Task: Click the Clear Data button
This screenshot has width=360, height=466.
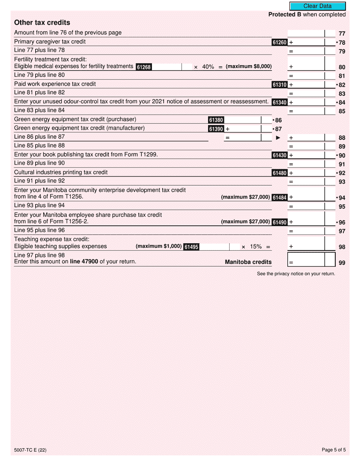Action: pos(318,6)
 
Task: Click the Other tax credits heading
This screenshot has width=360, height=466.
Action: pos(42,22)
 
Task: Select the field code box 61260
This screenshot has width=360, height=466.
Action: pos(280,42)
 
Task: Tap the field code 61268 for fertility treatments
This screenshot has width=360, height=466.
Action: pos(144,67)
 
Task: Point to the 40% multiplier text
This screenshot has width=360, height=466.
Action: pos(208,67)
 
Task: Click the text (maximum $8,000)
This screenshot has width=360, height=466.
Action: pos(249,66)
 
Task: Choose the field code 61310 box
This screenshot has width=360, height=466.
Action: pos(280,85)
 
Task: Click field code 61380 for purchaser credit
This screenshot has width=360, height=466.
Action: pos(216,120)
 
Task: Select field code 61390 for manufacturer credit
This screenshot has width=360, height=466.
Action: pos(216,129)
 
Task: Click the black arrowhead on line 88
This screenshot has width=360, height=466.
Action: pos(278,138)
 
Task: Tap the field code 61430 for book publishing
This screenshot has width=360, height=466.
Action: pos(280,155)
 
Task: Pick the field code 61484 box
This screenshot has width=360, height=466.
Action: pos(280,197)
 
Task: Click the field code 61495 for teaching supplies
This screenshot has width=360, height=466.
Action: pos(191,247)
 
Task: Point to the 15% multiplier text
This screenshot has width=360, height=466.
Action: pos(256,247)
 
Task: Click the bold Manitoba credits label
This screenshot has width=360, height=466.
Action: pos(248,262)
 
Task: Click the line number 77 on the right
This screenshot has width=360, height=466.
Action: pos(342,34)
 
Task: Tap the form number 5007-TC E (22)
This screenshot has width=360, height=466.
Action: pos(30,450)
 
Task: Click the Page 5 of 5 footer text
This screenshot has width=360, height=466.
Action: pos(333,450)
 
